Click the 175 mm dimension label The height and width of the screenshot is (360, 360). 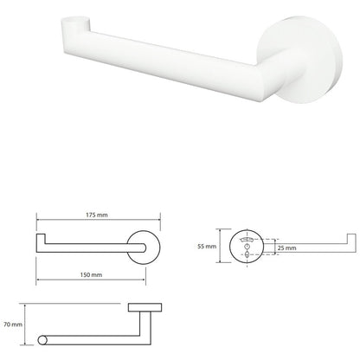click(x=97, y=215)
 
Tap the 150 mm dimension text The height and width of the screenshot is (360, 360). click(x=91, y=274)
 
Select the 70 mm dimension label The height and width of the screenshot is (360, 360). click(x=13, y=325)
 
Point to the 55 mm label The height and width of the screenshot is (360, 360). click(x=207, y=247)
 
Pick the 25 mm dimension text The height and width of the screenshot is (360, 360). click(x=287, y=247)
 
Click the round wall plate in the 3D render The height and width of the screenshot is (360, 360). click(x=300, y=59)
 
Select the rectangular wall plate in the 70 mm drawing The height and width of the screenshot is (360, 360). click(x=145, y=307)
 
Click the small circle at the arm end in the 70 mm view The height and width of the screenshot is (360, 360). click(x=42, y=340)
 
